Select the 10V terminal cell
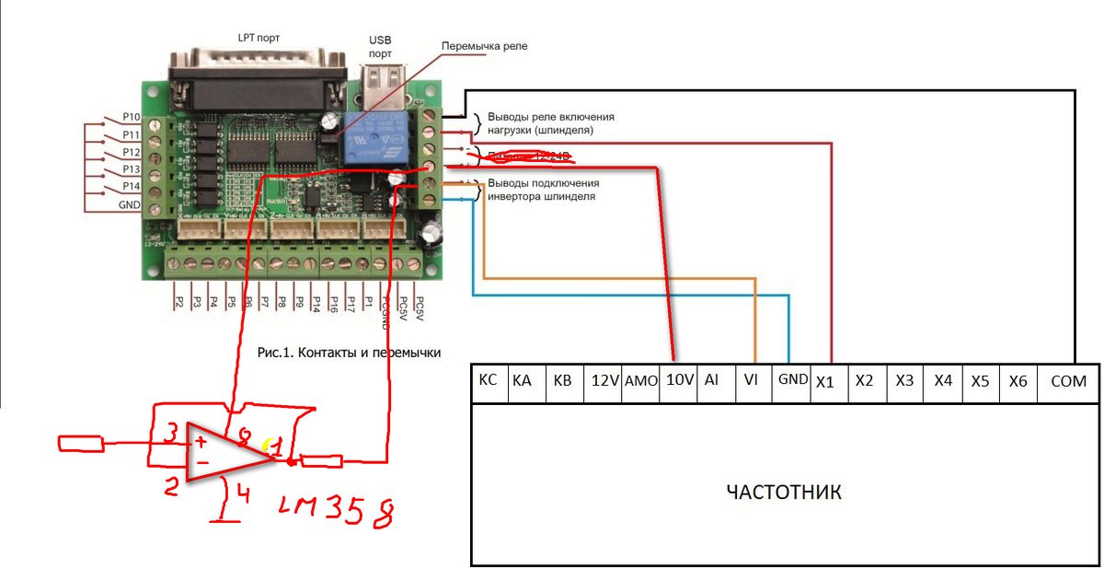[680, 381]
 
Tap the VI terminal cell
[750, 381]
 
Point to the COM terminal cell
[1067, 381]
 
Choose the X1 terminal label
[824, 382]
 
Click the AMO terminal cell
[641, 381]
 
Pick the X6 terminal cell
[1018, 381]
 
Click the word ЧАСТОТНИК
[784, 492]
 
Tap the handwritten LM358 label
[337, 509]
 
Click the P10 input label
[131, 118]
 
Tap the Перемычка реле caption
[484, 46]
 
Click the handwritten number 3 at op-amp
[170, 432]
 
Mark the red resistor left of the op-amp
[84, 445]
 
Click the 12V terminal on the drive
[604, 381]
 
